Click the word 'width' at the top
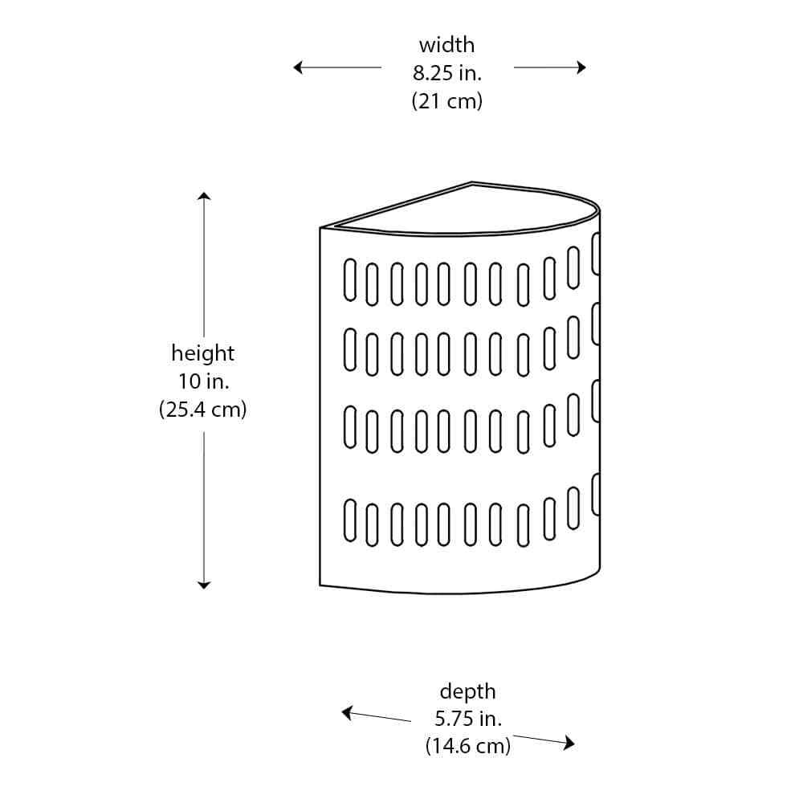coord(446,45)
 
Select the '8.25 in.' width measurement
coord(447,73)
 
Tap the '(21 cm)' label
coord(447,101)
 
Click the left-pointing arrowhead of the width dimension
coord(298,67)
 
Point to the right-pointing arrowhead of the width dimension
coord(581,67)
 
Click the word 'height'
coord(203,353)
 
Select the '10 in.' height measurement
coord(203,381)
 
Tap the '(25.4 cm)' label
coord(203,410)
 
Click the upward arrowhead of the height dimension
coord(204,196)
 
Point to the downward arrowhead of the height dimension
coord(204,585)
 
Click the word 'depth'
coord(467,692)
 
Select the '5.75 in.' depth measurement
coord(468,719)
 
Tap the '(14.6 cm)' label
coord(468,746)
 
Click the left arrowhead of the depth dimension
coord(347,712)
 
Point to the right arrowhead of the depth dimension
coord(569,743)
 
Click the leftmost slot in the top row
coord(350,280)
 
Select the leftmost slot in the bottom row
coord(350,520)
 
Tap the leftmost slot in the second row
coord(350,350)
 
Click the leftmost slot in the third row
coord(350,427)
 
